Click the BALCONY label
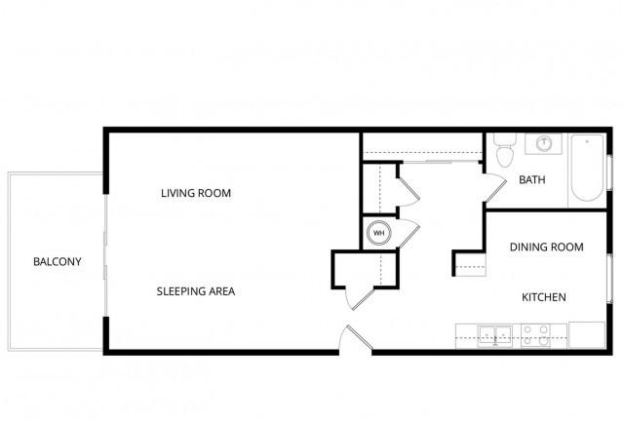tap(58, 261)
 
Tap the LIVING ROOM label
tap(196, 193)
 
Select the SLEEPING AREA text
tap(196, 291)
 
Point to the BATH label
tap(532, 180)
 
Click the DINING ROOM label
tap(547, 248)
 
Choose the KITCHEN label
tap(544, 297)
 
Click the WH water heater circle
tap(379, 233)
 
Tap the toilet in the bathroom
tap(505, 150)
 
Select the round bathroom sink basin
tap(543, 143)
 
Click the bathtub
tap(587, 168)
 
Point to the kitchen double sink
tap(494, 336)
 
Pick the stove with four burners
tap(535, 336)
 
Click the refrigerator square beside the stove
tap(587, 335)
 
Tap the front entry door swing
tap(356, 337)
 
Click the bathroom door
tap(495, 188)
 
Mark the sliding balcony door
tap(105, 255)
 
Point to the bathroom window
tap(609, 172)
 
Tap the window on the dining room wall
tap(609, 279)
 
